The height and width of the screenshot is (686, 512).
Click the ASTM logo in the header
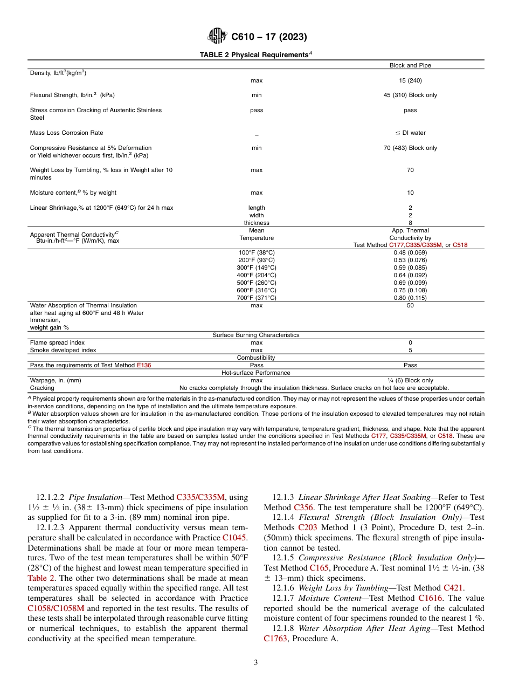click(217, 37)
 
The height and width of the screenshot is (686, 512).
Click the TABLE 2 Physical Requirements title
click(256, 55)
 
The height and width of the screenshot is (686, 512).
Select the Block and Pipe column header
click(410, 65)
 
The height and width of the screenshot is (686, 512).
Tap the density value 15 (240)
click(410, 80)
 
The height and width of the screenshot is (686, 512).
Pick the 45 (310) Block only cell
click(410, 95)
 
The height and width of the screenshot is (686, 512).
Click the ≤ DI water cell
click(410, 133)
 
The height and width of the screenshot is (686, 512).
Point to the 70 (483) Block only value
click(410, 148)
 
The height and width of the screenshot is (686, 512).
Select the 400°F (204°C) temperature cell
click(257, 275)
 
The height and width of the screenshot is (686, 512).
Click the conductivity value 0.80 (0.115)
click(410, 298)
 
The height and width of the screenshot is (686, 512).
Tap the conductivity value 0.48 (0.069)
click(410, 252)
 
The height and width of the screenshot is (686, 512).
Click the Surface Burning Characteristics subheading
click(256, 335)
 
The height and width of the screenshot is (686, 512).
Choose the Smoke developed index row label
click(63, 350)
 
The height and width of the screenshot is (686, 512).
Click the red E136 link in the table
click(144, 365)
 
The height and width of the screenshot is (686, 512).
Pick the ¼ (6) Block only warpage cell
click(410, 380)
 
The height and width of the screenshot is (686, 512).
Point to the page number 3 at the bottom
click(256, 663)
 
